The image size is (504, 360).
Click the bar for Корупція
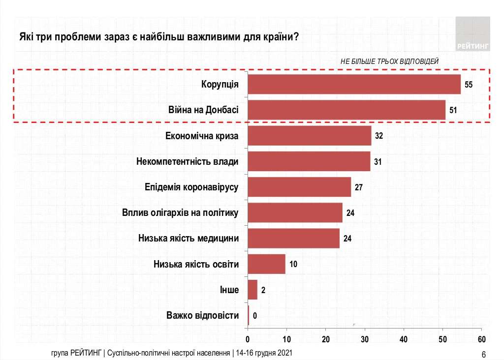[x=354, y=84]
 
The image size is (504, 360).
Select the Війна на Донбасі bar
[x=346, y=110]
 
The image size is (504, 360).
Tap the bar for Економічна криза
[x=309, y=136]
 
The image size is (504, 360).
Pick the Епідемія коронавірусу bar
[x=299, y=187]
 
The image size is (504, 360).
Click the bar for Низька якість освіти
[x=266, y=264]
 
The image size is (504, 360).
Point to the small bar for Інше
[x=252, y=290]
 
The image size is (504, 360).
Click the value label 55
[x=468, y=85]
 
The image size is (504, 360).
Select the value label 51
[x=453, y=110]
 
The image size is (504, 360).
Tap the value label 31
[x=378, y=161]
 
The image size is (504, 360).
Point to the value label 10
[x=293, y=264]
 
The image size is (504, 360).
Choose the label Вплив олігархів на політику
[x=180, y=213]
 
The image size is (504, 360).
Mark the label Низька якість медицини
[x=189, y=239]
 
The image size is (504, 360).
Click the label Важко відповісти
[x=203, y=315]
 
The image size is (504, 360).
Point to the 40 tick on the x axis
[x=404, y=339]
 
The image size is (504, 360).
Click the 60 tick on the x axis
[x=481, y=339]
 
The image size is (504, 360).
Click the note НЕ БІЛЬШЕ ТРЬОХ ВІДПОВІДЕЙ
[x=389, y=61]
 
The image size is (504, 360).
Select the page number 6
[x=483, y=354]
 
